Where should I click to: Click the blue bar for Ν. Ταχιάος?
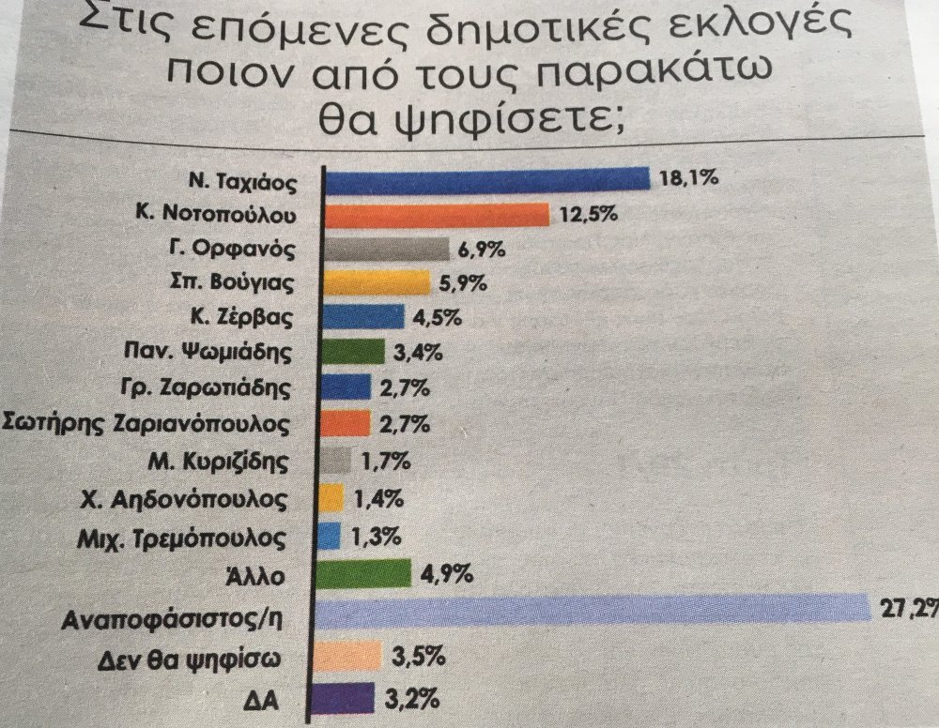[486, 178]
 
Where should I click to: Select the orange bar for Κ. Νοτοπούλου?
[437, 214]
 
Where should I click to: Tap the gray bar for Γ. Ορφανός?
[386, 250]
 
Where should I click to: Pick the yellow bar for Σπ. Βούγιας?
[376, 283]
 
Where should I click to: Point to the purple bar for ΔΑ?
[350, 699]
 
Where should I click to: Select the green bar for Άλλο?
[367, 571]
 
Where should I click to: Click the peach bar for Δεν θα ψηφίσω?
[351, 655]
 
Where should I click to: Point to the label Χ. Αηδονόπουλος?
[222, 498]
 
